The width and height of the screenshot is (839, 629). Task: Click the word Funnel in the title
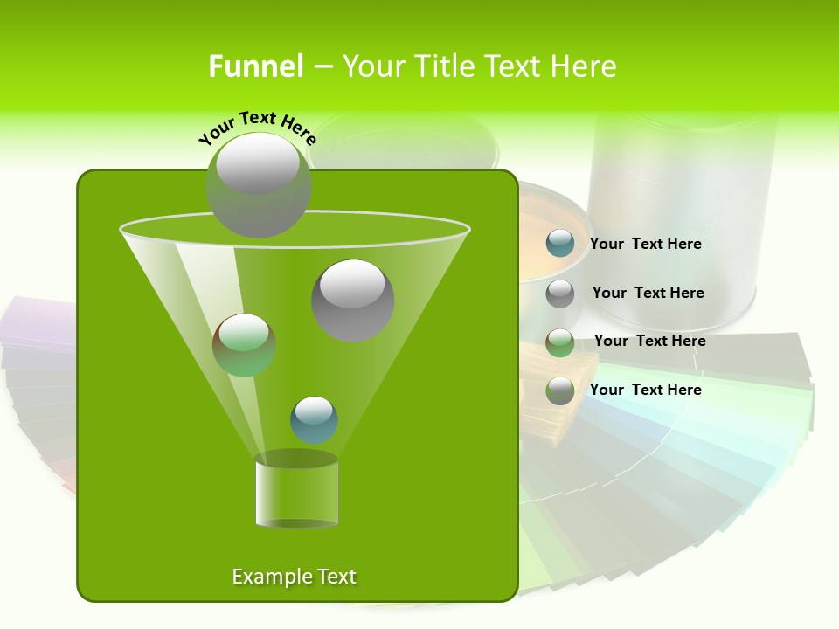[x=255, y=66]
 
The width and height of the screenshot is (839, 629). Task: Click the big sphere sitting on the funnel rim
[x=258, y=186]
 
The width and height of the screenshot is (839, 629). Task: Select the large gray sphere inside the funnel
[x=353, y=301]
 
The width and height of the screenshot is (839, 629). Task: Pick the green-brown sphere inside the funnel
[x=245, y=345]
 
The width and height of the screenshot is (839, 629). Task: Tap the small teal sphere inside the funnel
[x=314, y=419]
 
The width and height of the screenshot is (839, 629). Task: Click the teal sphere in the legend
[x=560, y=244]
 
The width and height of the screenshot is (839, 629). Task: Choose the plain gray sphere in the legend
[x=560, y=294]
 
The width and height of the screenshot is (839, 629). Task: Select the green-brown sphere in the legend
[x=560, y=342]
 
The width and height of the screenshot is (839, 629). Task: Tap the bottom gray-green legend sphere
[x=560, y=391]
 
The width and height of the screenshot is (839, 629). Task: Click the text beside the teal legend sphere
[x=645, y=245]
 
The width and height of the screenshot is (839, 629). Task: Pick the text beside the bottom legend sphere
[x=645, y=390]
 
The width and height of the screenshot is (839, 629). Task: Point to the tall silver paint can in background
[x=682, y=218]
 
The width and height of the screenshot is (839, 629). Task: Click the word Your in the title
[x=374, y=66]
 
